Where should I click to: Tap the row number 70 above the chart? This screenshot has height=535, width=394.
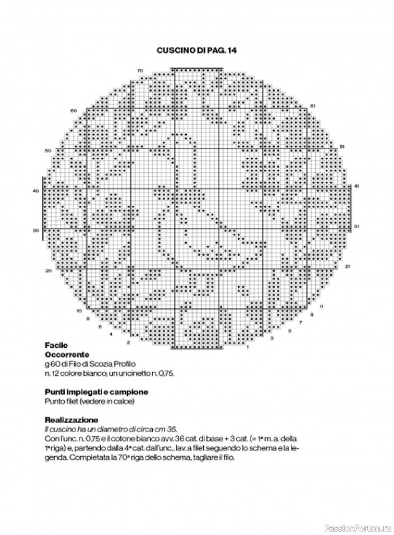[x=140, y=70]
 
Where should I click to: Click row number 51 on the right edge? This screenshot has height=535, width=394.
[x=341, y=146]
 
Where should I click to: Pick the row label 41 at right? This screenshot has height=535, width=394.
[x=356, y=186]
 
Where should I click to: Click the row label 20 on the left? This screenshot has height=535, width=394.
[x=48, y=271]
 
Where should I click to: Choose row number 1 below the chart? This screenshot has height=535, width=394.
[x=247, y=347]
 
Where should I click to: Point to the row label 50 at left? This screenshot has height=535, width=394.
[x=47, y=151]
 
